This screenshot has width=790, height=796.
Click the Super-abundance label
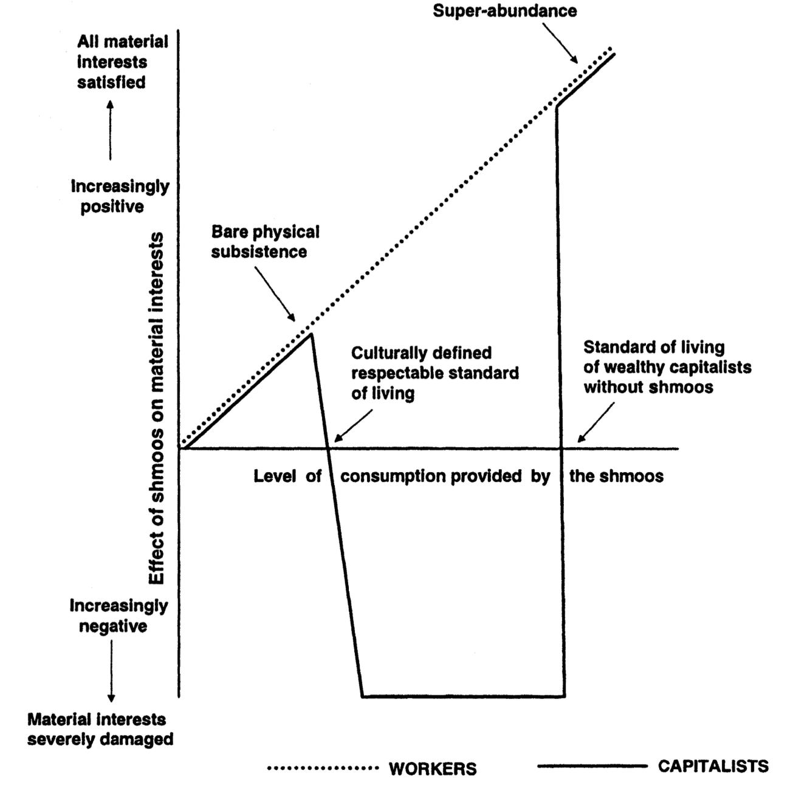tap(504, 11)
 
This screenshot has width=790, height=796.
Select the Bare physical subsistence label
tap(265, 241)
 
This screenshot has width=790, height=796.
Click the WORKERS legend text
tap(433, 768)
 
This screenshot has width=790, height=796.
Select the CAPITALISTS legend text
tap(713, 766)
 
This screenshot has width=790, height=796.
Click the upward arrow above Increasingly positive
tap(110, 131)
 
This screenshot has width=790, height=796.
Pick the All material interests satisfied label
tap(122, 62)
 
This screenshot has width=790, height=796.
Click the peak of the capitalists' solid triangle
tap(311, 334)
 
